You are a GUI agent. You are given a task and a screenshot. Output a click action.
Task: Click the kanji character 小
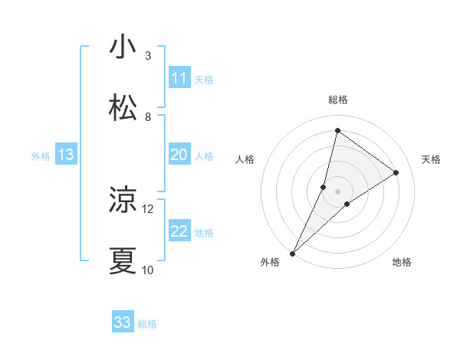(123, 47)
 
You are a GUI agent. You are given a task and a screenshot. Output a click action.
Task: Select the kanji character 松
(123, 108)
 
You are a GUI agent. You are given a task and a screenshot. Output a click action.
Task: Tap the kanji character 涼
(123, 201)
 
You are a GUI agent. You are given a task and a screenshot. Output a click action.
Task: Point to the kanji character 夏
(123, 260)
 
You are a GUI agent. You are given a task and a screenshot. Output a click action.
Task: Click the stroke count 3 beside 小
(148, 56)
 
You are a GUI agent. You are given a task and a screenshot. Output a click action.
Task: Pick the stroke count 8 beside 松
(148, 116)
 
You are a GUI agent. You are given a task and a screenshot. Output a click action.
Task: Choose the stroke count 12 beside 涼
(148, 208)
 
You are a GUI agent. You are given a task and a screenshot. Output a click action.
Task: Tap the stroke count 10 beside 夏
(148, 270)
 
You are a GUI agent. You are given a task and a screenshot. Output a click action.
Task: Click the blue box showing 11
(179, 78)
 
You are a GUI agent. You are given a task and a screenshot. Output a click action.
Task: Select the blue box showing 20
(179, 155)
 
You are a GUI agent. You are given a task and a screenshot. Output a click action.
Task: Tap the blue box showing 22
(179, 231)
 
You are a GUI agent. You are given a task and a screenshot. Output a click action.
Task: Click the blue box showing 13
(66, 155)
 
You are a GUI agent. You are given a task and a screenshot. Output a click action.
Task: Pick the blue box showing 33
(123, 322)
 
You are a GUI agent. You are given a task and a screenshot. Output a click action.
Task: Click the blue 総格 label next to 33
(148, 324)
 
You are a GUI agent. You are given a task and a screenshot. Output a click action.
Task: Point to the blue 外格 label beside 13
(41, 156)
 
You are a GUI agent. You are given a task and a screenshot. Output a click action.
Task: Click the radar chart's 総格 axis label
(337, 100)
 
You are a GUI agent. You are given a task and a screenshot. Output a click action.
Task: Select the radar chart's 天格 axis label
(431, 159)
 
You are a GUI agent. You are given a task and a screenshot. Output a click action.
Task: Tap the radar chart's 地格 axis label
(402, 263)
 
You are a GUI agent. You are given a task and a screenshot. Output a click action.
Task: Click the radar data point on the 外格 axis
(292, 253)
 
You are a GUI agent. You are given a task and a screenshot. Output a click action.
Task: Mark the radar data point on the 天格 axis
(396, 173)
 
